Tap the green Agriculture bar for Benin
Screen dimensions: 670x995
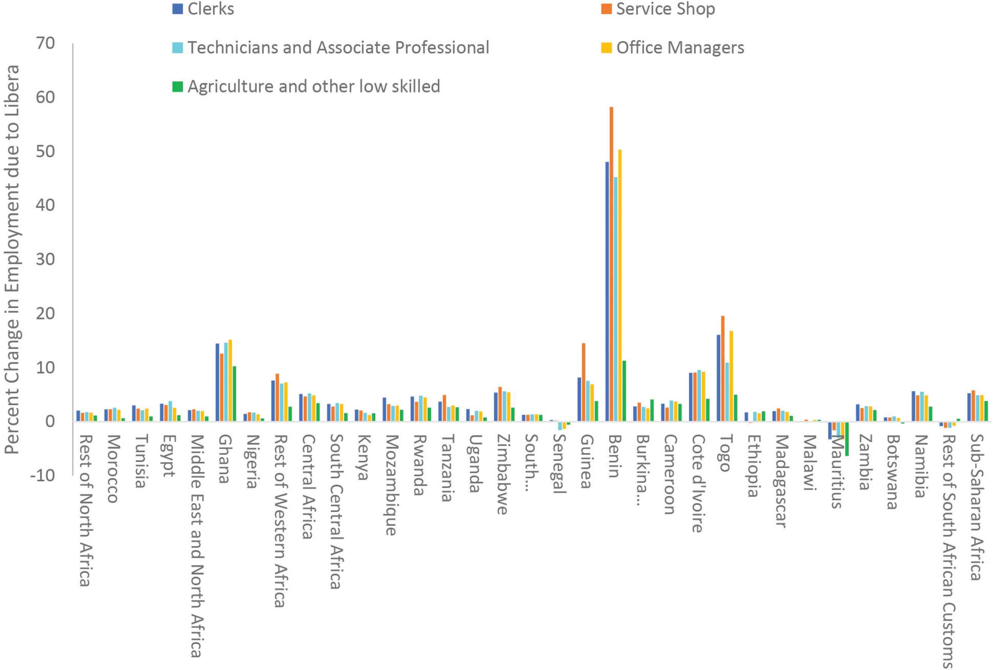(624, 391)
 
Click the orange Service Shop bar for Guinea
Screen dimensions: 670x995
(583, 382)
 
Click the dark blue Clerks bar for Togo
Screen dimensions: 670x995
(718, 378)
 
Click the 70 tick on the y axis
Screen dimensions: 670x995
(45, 43)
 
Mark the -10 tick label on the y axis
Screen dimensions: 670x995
(43, 475)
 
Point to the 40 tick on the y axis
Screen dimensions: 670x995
(45, 205)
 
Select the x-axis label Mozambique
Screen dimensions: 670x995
(391, 485)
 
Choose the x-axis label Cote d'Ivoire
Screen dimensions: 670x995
(697, 483)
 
